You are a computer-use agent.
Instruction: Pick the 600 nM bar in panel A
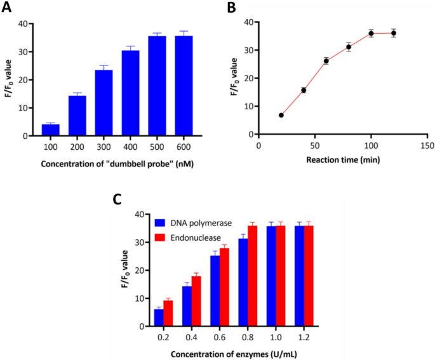[184, 86]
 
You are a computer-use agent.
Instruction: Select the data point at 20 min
[281, 115]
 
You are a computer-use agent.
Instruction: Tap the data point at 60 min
[326, 61]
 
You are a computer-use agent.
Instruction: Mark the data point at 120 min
[394, 33]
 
